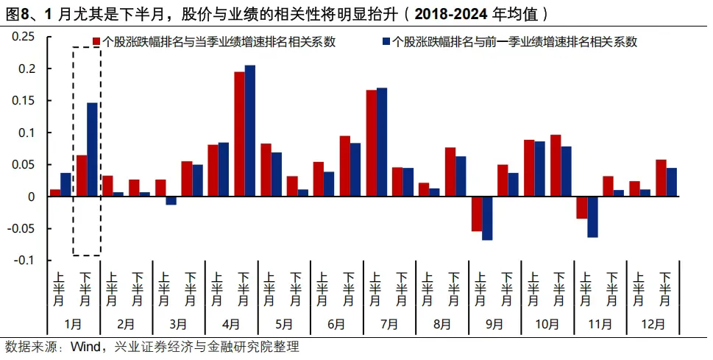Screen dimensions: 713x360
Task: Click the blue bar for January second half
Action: pos(92,149)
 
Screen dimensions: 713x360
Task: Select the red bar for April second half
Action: pos(239,134)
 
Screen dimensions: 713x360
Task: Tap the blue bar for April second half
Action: pos(250,130)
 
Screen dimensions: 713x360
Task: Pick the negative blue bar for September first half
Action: pos(487,218)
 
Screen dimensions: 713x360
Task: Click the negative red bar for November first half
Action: pos(581,207)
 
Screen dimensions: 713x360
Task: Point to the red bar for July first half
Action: pos(371,143)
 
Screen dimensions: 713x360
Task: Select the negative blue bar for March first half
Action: pos(171,200)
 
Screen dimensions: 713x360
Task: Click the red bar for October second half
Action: pos(556,165)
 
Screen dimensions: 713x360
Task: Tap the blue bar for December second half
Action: pos(671,182)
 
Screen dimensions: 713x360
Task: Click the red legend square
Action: pos(96,42)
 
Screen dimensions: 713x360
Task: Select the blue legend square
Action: pos(386,42)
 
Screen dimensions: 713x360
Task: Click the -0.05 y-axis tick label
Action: pos(21,228)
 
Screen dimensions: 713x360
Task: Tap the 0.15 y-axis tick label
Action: pos(24,101)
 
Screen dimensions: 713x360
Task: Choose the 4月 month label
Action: pos(231,324)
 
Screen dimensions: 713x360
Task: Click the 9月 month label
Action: pos(494,324)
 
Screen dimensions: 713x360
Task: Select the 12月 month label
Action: pos(653,324)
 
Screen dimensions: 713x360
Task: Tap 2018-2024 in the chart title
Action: pos(450,15)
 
